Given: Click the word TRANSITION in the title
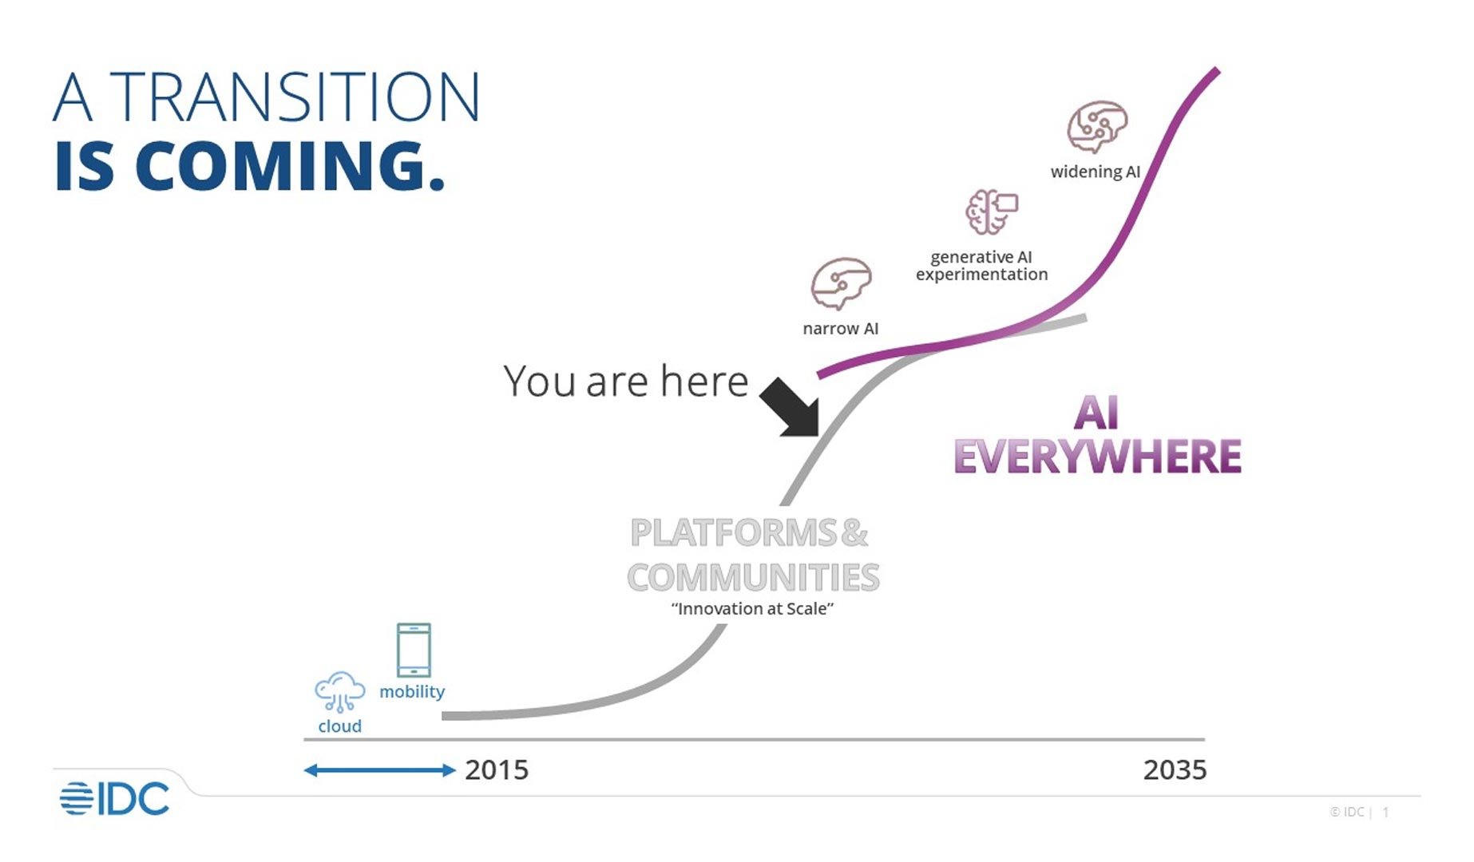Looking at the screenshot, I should coord(294,97).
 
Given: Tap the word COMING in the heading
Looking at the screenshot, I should coord(289,166).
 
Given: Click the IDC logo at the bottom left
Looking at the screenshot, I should coord(115,798).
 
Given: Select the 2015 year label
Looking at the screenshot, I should coord(497,770).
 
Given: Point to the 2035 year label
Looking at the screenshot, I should coord(1175,770).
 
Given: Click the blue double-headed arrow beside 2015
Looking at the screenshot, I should coord(379,770).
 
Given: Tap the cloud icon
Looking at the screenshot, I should coord(339,691).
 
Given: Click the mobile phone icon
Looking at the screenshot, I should coord(414,650).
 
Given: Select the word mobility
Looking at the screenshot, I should coord(412,691).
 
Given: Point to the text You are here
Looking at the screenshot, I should coord(625,382).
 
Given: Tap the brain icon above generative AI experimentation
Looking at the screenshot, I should coord(991,212).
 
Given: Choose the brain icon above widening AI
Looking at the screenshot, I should coord(1097,126).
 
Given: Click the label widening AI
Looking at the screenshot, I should coord(1095,172).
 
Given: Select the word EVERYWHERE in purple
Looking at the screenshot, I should coord(1097,457).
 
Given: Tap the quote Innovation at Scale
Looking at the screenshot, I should coord(752,609).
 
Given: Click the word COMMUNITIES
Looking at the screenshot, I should coord(752,577).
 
